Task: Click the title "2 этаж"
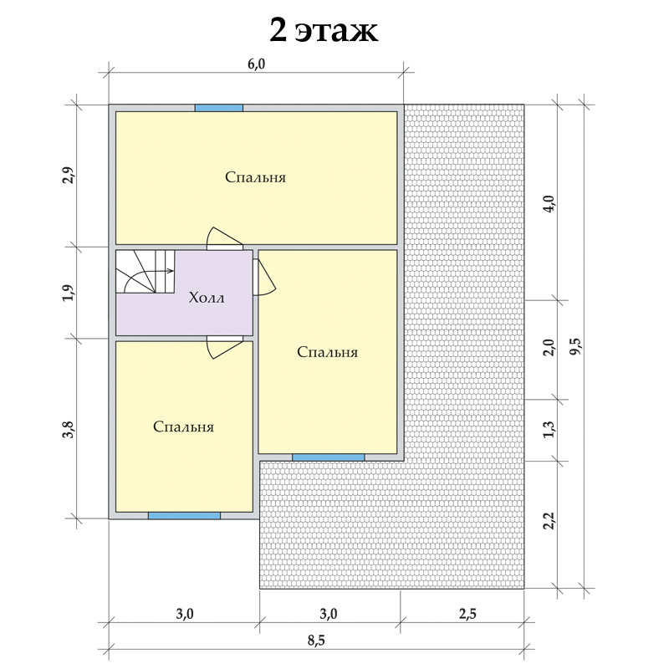tap(324, 30)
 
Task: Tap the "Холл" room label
tap(207, 298)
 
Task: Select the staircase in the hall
tap(145, 271)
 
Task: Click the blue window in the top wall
tap(219, 108)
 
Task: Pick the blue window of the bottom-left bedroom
tap(184, 515)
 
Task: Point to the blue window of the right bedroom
tap(328, 457)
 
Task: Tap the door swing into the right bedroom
tap(264, 278)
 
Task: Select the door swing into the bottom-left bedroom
tap(224, 347)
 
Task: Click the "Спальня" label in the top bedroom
tap(256, 177)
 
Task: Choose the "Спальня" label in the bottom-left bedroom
tap(183, 426)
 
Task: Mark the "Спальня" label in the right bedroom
tap(327, 352)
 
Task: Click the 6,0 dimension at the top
tap(257, 64)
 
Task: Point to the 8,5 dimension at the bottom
tap(317, 640)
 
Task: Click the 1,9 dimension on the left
tap(69, 293)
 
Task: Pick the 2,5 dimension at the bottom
tap(467, 614)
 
